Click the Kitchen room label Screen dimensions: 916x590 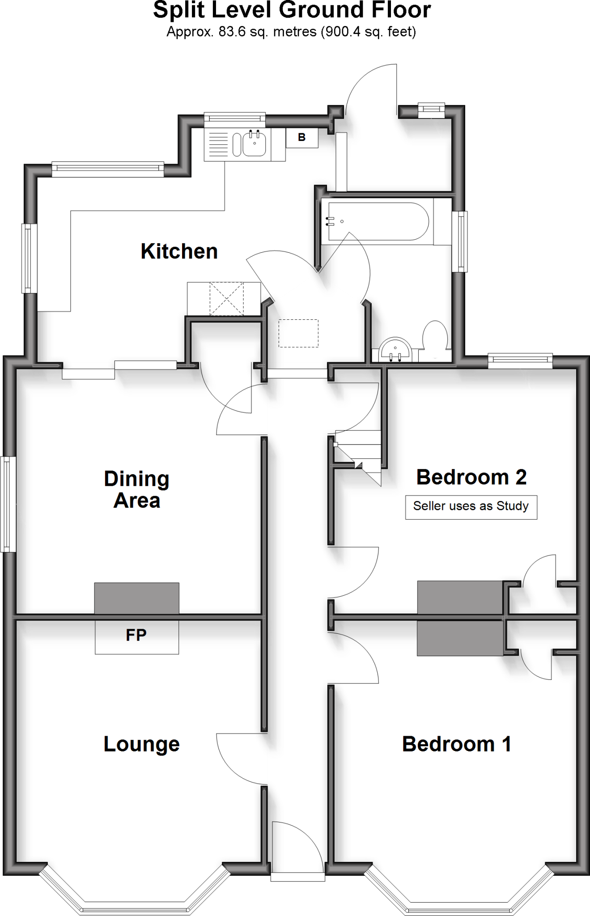pyautogui.click(x=179, y=251)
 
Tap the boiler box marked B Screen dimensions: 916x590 pyautogui.click(x=302, y=138)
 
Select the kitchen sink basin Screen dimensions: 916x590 pyautogui.click(x=255, y=144)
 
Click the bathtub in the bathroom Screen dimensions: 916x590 pyautogui.click(x=378, y=221)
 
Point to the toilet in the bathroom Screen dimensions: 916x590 pyautogui.click(x=435, y=336)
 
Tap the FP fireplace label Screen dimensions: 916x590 pyautogui.click(x=136, y=635)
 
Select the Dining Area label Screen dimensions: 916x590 pyautogui.click(x=136, y=489)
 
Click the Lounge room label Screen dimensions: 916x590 pyautogui.click(x=141, y=744)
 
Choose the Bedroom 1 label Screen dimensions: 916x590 pyautogui.click(x=456, y=744)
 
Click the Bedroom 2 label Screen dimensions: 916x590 pyautogui.click(x=471, y=477)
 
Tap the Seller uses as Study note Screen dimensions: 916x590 pyautogui.click(x=471, y=506)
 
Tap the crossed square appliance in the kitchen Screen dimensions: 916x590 pyautogui.click(x=227, y=298)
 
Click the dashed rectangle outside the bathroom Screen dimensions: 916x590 pyautogui.click(x=298, y=333)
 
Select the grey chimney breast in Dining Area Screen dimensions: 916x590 pyautogui.click(x=136, y=598)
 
